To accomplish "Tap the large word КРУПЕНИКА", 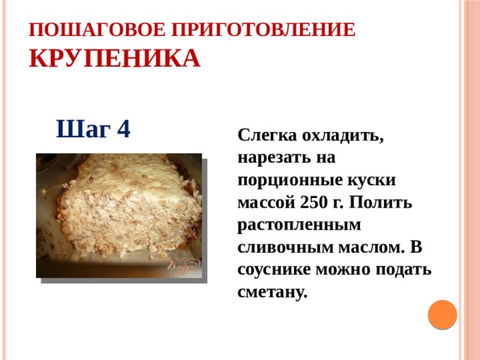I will [x=114, y=58].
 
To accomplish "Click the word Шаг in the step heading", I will [x=81, y=129].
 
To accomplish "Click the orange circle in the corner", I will [x=442, y=315].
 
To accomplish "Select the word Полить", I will [x=385, y=202].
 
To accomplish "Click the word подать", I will [x=403, y=270].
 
